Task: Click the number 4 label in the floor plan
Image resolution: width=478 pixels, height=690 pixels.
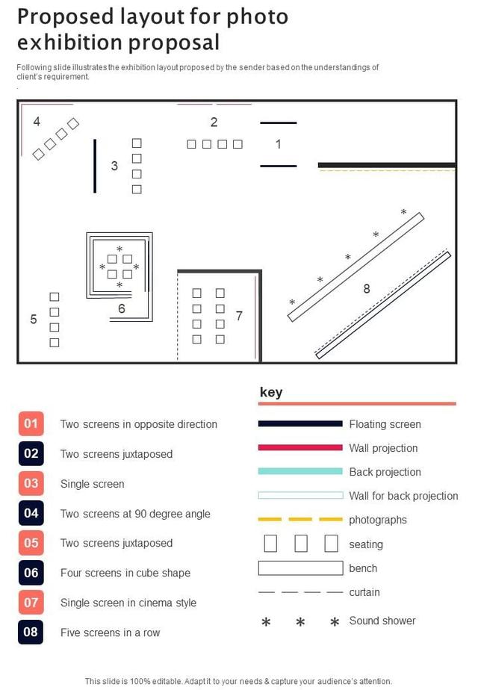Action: point(37,122)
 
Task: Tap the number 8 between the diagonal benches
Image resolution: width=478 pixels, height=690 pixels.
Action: point(366,289)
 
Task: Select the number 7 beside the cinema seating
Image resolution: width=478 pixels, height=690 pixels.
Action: point(239,316)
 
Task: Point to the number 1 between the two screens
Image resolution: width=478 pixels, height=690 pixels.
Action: point(278,144)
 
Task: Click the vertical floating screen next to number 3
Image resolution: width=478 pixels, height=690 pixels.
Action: point(95,166)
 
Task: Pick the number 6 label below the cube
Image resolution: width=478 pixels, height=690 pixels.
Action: point(122,309)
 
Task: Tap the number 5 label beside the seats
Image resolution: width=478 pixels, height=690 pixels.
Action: point(34,320)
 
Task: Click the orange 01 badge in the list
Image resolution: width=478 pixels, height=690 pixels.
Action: point(31,423)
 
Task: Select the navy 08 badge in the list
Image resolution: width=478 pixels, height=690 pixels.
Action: point(31,632)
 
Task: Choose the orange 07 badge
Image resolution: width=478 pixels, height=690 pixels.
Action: point(31,603)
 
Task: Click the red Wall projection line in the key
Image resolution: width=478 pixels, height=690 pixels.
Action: point(300,447)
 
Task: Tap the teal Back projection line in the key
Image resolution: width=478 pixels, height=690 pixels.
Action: point(300,471)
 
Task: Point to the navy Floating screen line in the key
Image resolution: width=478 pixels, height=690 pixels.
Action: point(300,423)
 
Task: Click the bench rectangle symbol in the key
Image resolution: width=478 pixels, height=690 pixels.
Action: point(301,568)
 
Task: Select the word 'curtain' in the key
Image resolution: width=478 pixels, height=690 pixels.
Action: point(364,592)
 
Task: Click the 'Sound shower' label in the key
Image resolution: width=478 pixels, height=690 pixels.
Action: point(382,621)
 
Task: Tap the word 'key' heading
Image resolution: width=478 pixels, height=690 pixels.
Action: point(271,392)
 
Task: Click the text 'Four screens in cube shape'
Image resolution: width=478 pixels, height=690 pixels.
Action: point(125,573)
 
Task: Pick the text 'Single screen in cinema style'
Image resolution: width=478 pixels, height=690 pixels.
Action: point(128,603)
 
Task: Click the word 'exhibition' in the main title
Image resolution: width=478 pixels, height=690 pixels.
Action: point(70,43)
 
